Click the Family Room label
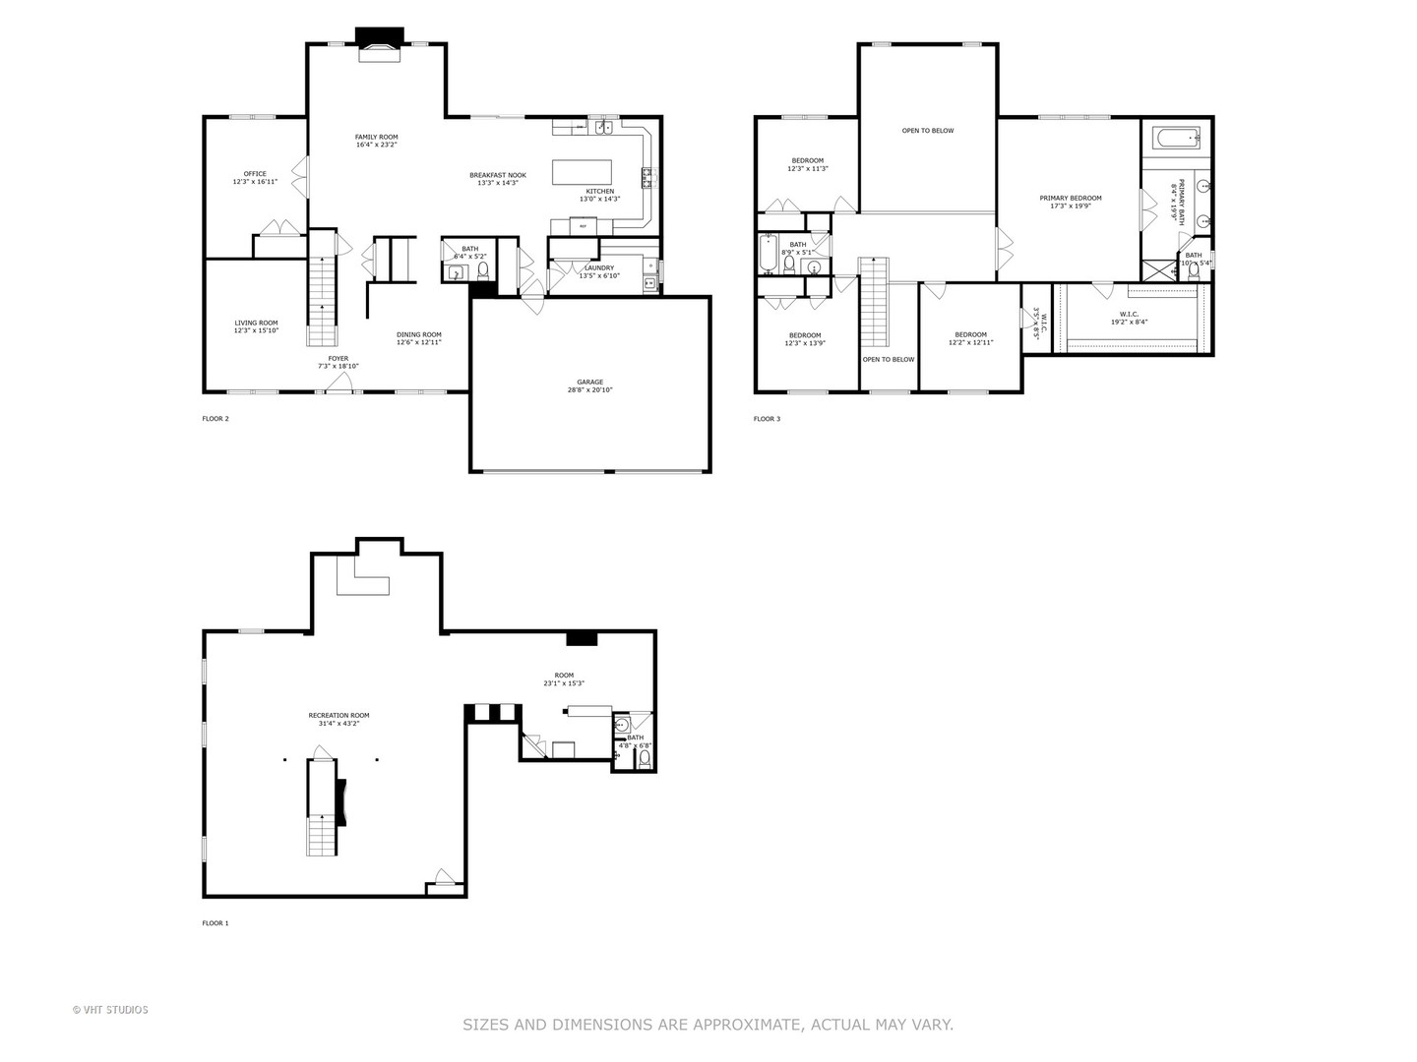point(376,137)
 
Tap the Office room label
point(255,174)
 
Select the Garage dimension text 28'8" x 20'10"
point(590,390)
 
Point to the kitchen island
point(582,172)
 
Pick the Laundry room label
point(598,267)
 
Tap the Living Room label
point(256,323)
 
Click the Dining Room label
point(419,334)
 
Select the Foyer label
point(339,359)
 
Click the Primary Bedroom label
point(1071,198)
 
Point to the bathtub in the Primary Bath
point(1177,138)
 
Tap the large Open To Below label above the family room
point(928,131)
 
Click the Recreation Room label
point(339,715)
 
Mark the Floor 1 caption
point(216,923)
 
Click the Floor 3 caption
point(767,419)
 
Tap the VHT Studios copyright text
point(110,1010)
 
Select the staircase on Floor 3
point(874,300)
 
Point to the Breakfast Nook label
point(498,175)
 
